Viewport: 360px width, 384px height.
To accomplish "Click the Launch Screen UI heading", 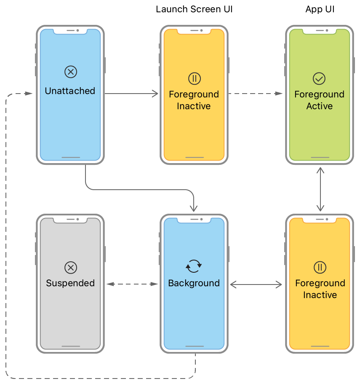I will click(x=194, y=9).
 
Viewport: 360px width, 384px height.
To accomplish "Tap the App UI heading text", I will click(x=320, y=9).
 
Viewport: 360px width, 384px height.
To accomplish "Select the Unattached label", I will click(x=70, y=91).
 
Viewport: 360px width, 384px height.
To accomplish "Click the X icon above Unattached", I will click(x=70, y=72).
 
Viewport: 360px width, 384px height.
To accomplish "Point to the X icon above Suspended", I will click(x=70, y=267).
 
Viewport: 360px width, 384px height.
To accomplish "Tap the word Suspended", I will click(x=70, y=283).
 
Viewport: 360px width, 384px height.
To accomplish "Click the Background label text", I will click(x=194, y=283).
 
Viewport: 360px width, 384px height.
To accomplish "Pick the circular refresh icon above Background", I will click(x=194, y=266).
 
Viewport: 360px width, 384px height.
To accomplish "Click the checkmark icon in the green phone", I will click(x=319, y=78).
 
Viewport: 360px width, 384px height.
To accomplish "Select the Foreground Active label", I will click(x=319, y=100).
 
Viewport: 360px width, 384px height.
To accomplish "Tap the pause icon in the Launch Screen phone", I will click(x=194, y=78).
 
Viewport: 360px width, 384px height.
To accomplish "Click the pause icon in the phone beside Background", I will click(x=320, y=267).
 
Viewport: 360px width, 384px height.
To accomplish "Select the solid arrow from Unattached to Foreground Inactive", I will click(x=131, y=94).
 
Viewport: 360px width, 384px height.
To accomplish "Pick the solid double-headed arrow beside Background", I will click(x=256, y=285).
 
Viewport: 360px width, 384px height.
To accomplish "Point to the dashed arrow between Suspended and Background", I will click(x=132, y=285).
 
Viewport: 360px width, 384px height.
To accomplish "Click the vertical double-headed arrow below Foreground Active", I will click(x=320, y=189).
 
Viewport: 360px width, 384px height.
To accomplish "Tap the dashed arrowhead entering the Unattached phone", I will click(x=29, y=94).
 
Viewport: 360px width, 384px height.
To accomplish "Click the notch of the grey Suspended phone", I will click(x=70, y=220).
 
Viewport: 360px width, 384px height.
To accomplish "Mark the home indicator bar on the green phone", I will click(x=319, y=158).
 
